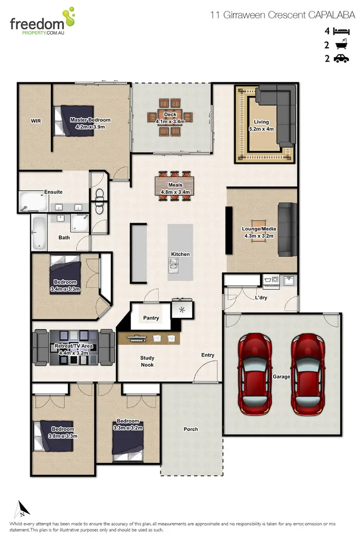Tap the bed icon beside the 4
click(x=341, y=31)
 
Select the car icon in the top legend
click(x=341, y=59)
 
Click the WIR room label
click(x=36, y=121)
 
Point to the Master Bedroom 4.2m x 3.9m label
click(x=90, y=123)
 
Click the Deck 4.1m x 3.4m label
click(x=170, y=118)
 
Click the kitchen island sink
click(x=174, y=263)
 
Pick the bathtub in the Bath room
click(x=39, y=233)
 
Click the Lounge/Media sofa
click(x=287, y=229)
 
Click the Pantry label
click(x=151, y=318)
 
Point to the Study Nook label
click(x=147, y=361)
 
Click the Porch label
click(x=191, y=429)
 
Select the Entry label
click(x=208, y=355)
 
